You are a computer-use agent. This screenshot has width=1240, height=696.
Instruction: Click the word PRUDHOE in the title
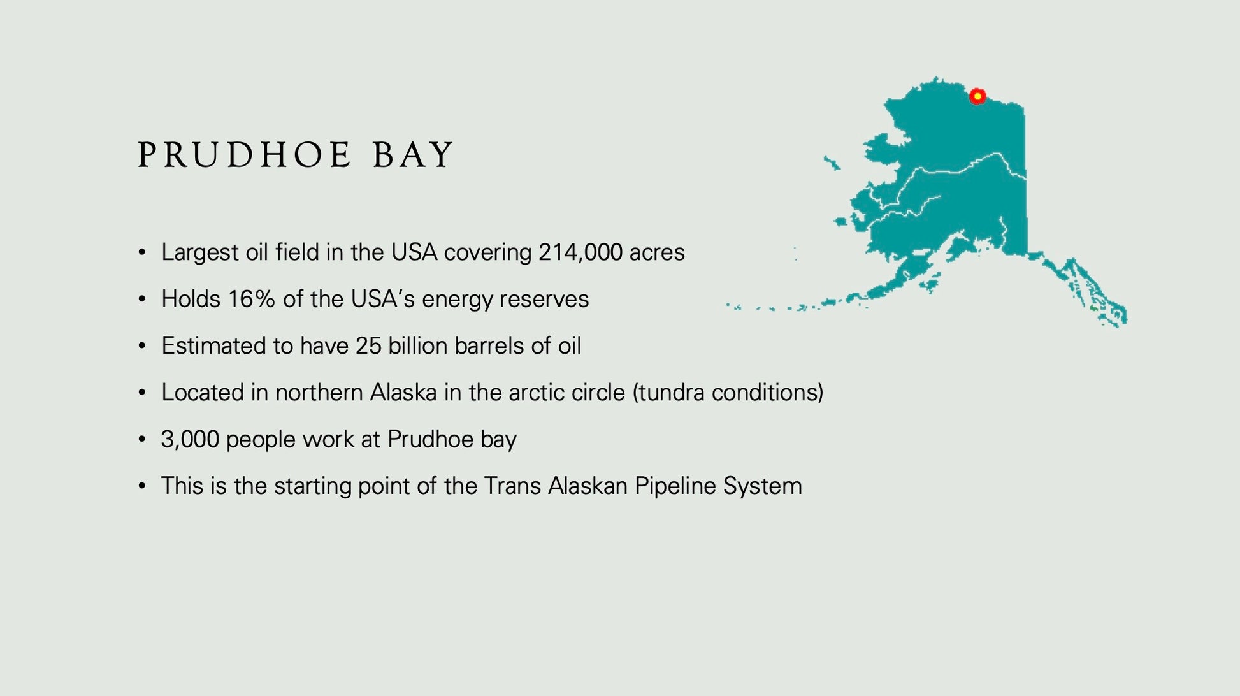[x=245, y=155]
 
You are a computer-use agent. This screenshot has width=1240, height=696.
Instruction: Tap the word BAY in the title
[x=413, y=155]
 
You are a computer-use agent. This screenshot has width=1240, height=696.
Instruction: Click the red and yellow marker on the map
[x=977, y=96]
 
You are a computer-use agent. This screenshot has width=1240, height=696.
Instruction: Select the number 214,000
[x=580, y=252]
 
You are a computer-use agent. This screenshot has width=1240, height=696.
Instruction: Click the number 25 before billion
[x=368, y=345]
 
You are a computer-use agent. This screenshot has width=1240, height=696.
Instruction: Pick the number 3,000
[x=190, y=440]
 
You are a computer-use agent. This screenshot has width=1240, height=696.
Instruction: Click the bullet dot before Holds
[x=142, y=299]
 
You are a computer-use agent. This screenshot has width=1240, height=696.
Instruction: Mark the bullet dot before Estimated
[x=142, y=346]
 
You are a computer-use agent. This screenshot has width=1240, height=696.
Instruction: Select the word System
[x=762, y=487]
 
